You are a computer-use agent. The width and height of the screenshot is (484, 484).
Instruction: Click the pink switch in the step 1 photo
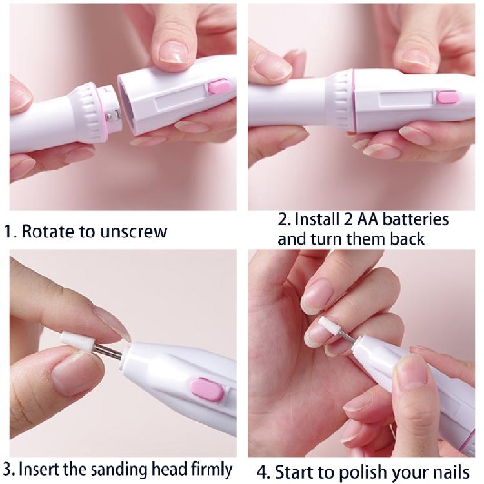click(x=219, y=87)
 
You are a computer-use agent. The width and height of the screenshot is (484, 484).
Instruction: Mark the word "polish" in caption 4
click(x=364, y=471)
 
